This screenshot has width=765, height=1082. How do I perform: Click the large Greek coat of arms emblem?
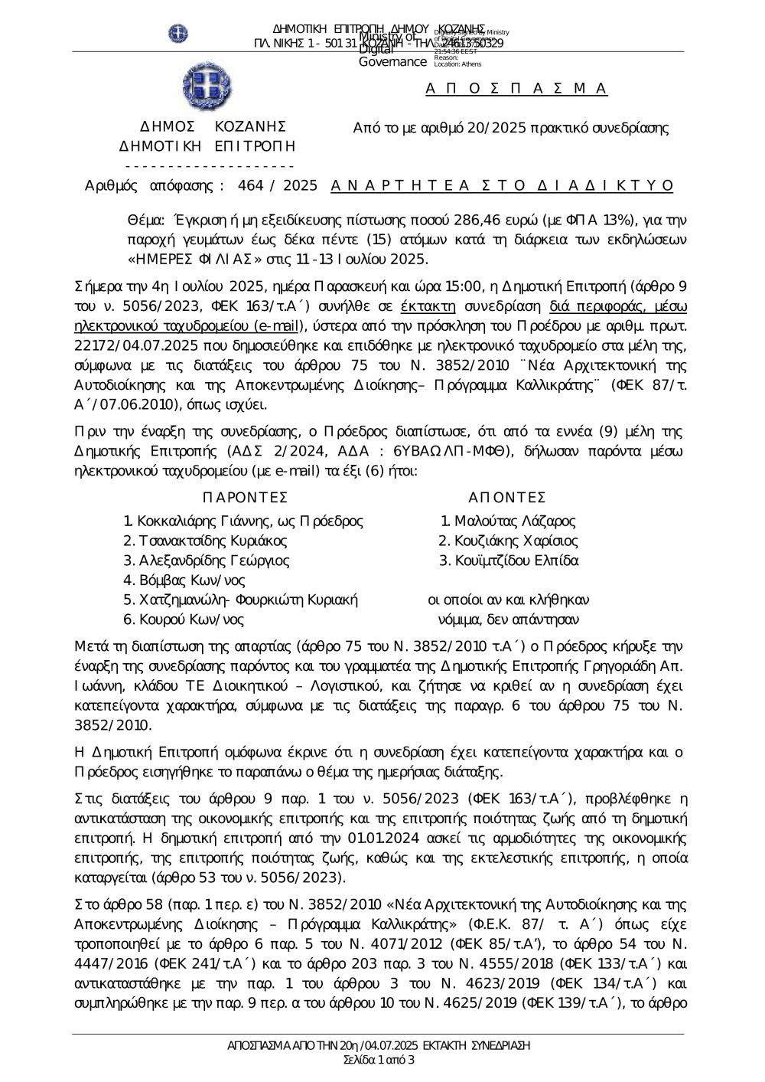207,84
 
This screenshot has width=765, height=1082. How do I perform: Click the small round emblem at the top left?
178,34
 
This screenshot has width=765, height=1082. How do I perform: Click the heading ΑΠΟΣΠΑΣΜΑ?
516,89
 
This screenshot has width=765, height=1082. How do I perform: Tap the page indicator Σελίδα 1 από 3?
379,1061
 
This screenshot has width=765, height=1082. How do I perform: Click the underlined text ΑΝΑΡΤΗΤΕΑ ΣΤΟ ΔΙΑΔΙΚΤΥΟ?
503,185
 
